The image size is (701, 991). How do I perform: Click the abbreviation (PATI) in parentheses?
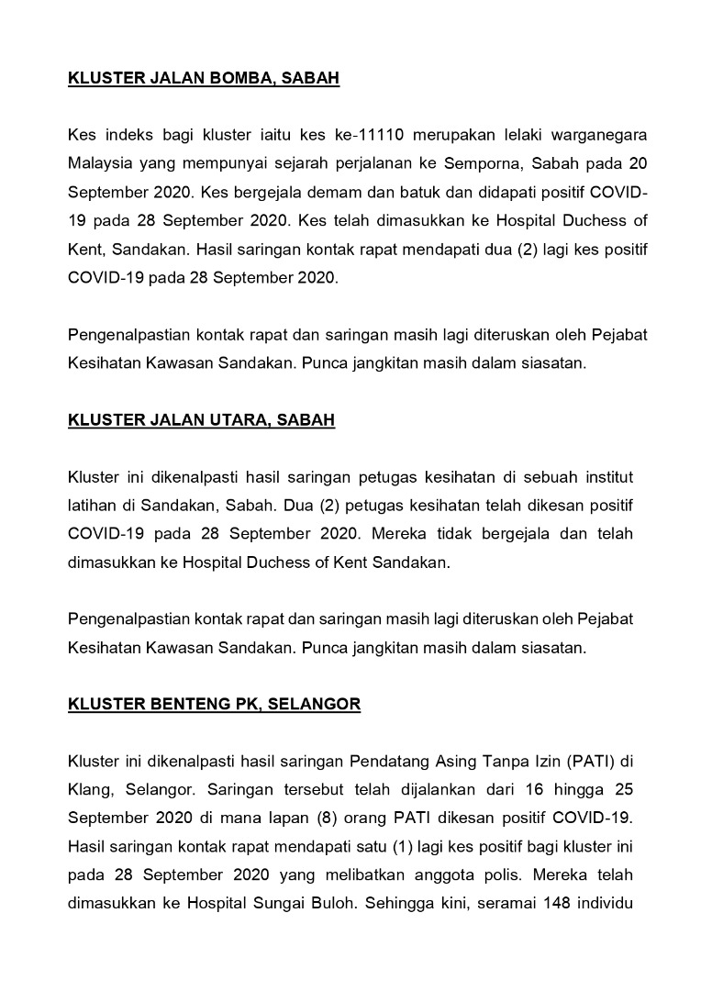point(595,762)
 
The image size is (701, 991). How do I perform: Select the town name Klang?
point(89,790)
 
